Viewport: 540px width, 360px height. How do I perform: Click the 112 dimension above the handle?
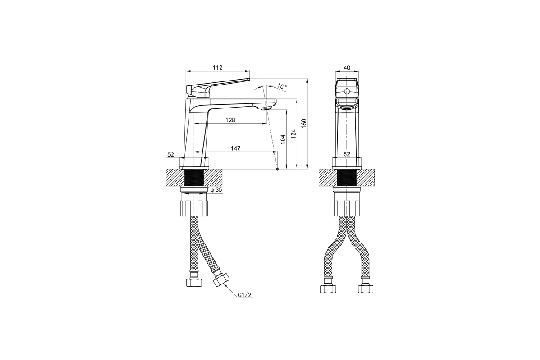[217, 67]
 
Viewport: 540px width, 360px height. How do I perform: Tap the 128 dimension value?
[230, 120]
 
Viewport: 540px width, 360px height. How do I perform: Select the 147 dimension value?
[235, 148]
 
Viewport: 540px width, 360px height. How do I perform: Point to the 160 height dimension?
[304, 123]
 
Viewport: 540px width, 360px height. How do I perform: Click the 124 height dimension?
[293, 134]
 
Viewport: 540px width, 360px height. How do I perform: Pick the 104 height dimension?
[283, 139]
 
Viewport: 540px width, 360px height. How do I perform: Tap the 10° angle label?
[282, 86]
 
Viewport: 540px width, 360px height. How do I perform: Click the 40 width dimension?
[346, 68]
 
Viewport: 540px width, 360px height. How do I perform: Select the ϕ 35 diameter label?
[216, 190]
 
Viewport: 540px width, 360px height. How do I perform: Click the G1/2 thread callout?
[245, 295]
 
